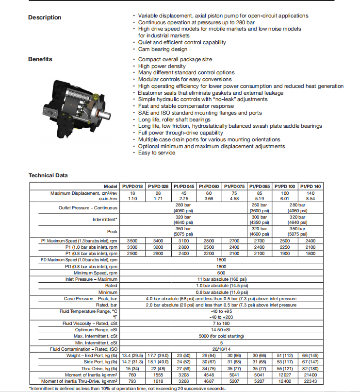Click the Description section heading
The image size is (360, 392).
click(x=45, y=17)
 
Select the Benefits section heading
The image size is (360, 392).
click(x=40, y=59)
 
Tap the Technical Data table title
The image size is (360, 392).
click(x=48, y=175)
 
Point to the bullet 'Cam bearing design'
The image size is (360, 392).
click(x=163, y=49)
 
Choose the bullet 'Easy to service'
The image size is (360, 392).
click(x=157, y=153)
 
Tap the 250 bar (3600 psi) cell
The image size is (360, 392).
click(x=260, y=208)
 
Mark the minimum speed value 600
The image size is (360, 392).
click(x=221, y=273)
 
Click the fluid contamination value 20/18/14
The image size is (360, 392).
click(x=221, y=349)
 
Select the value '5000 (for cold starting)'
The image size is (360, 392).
click(x=221, y=336)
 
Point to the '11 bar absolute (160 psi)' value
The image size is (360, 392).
click(x=221, y=279)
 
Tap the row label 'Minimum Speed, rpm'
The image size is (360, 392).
click(x=96, y=273)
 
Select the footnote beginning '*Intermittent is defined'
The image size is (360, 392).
click(x=127, y=388)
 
